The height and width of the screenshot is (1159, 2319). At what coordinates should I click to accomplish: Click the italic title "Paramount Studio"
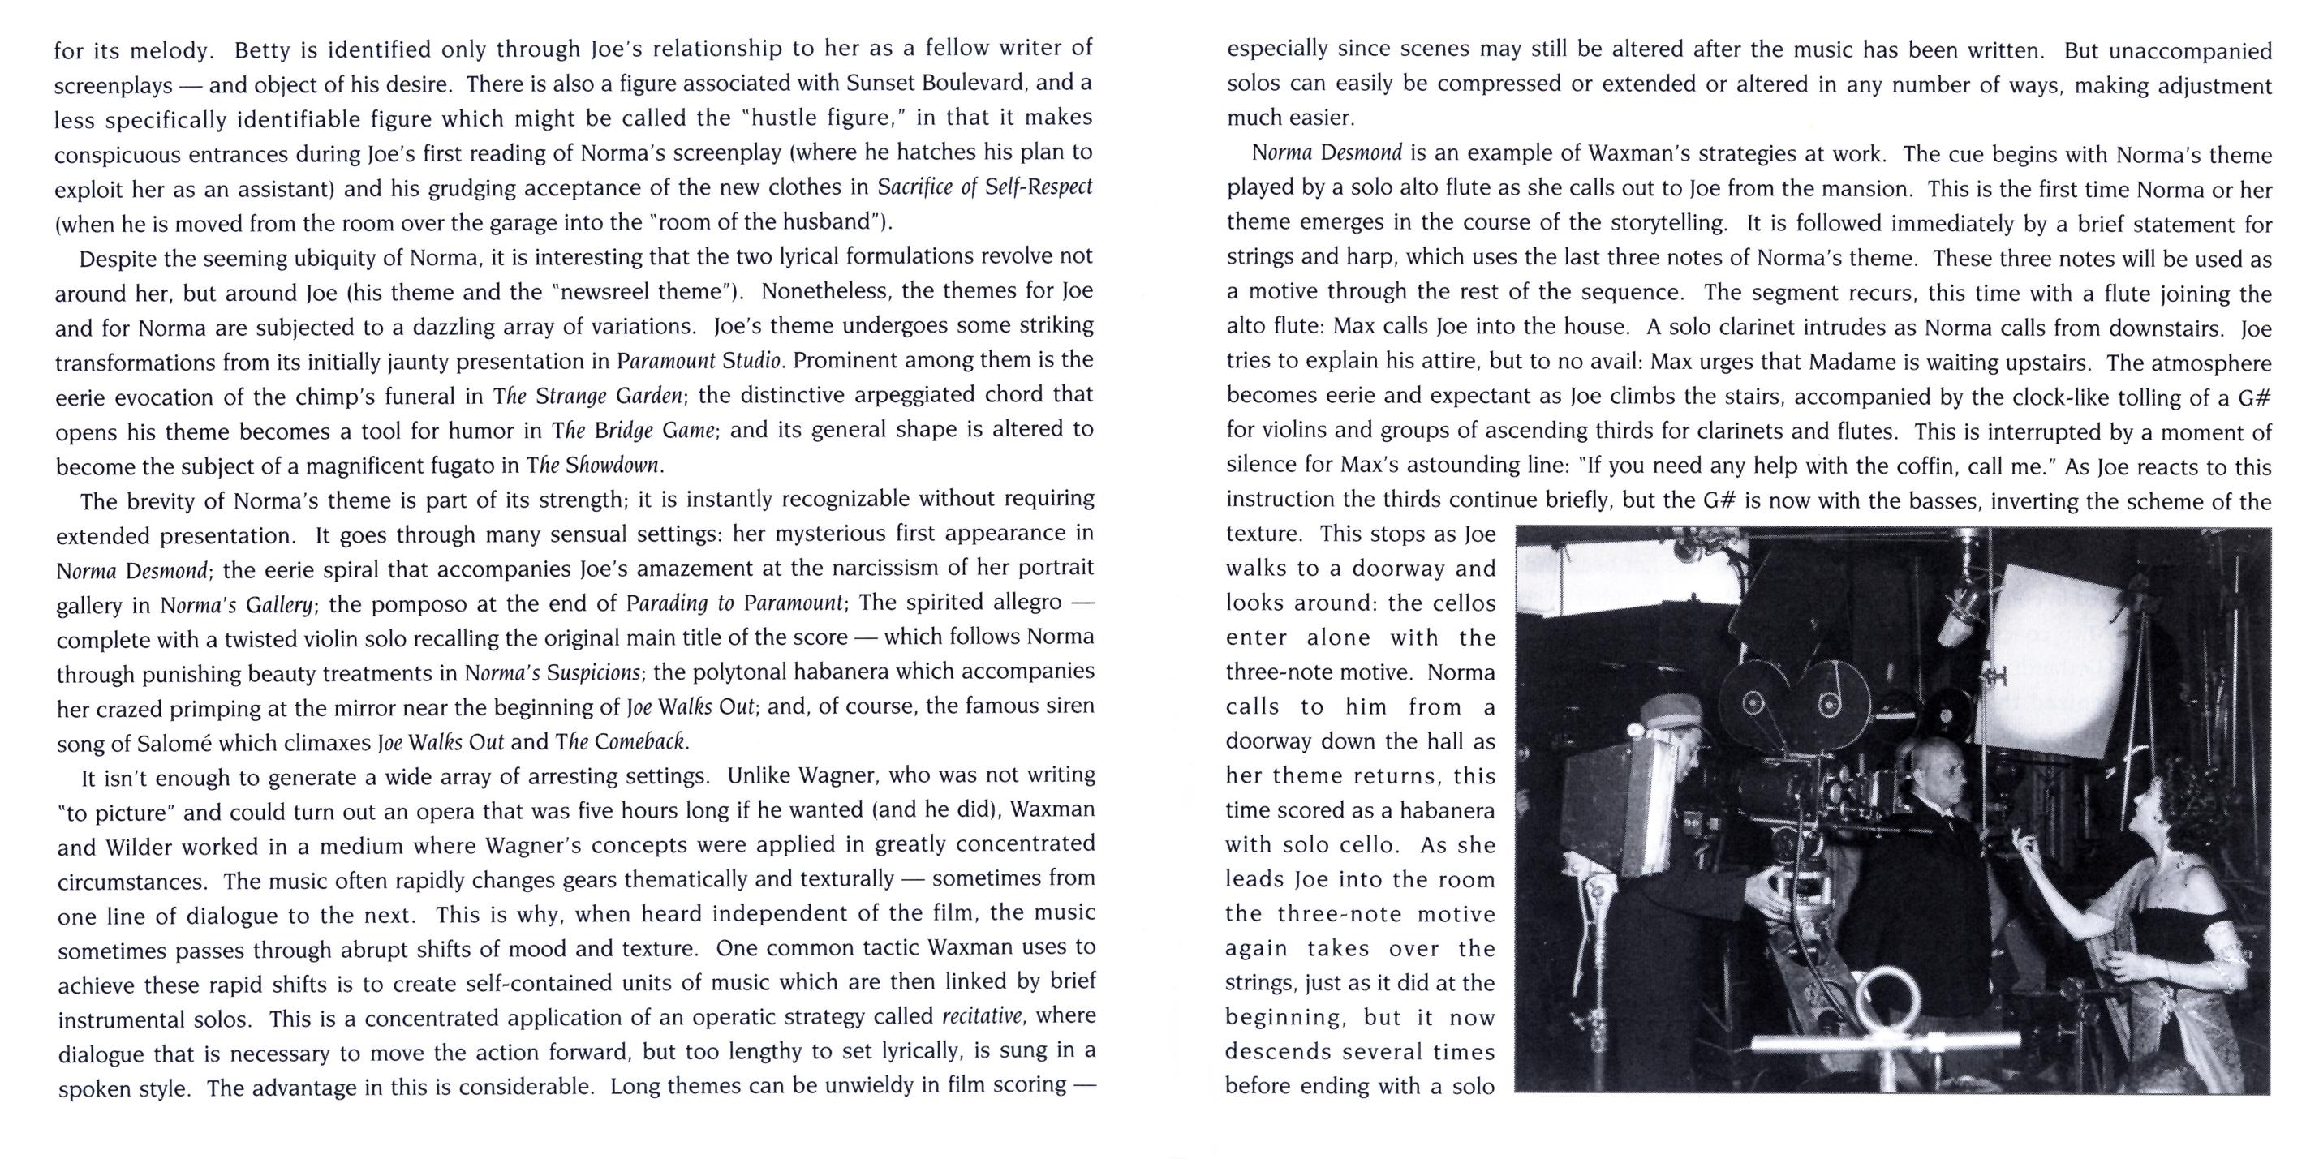coord(699,362)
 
